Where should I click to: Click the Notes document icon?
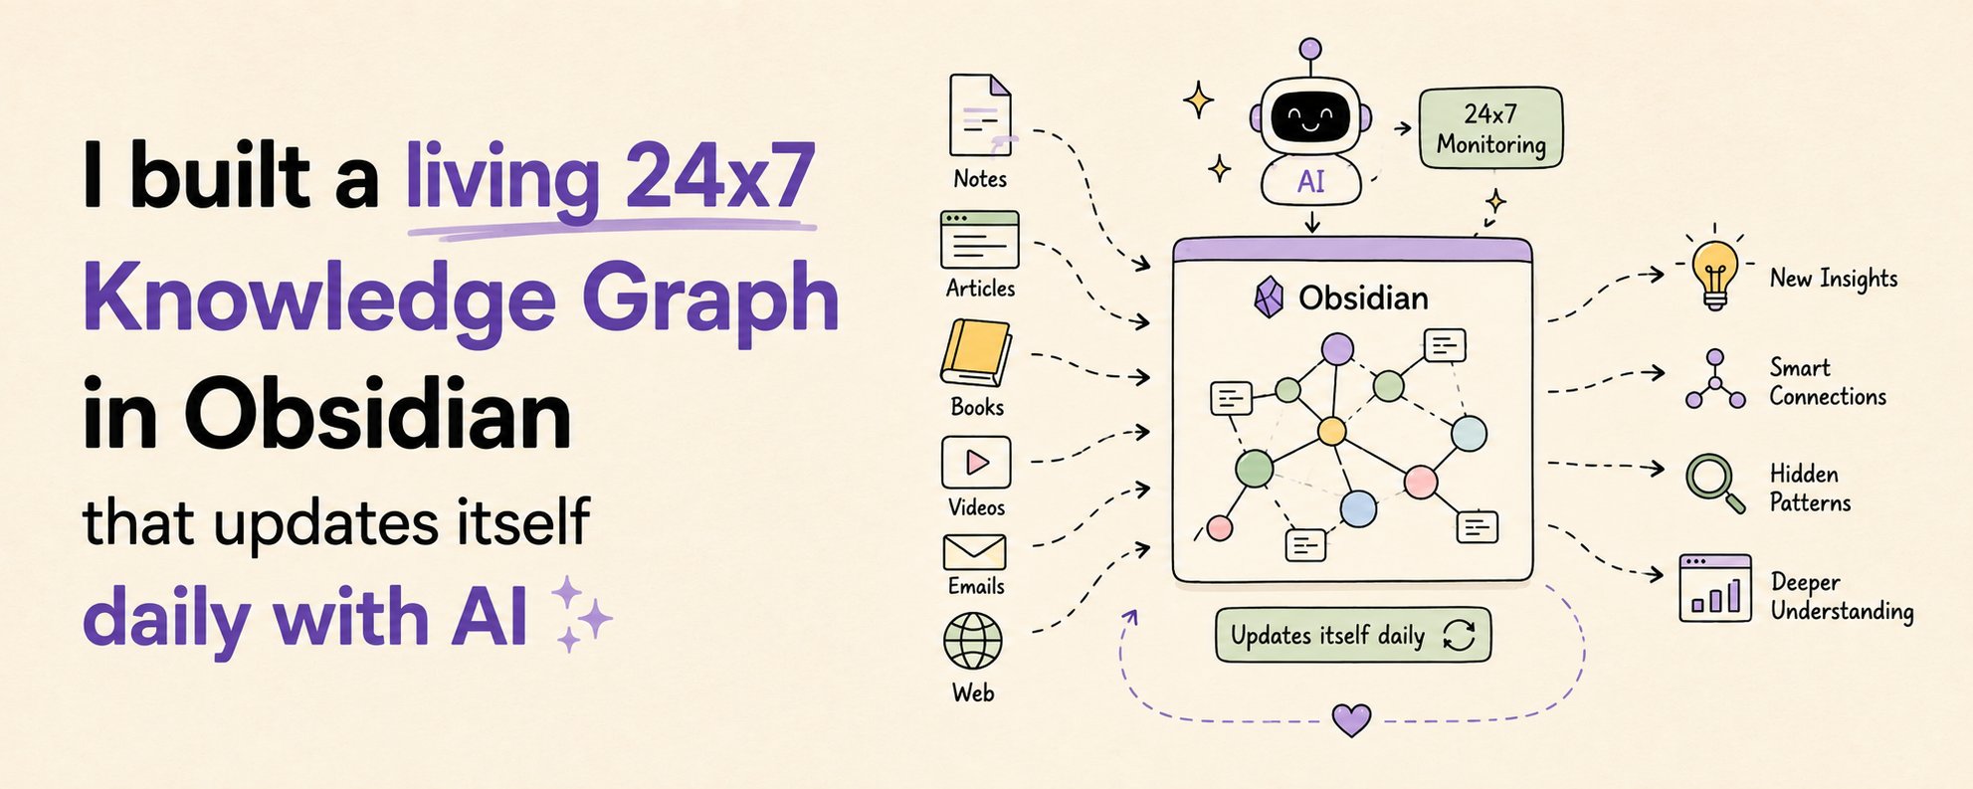pyautogui.click(x=980, y=115)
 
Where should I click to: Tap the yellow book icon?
pyautogui.click(x=976, y=353)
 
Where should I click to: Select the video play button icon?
pyautogui.click(x=976, y=462)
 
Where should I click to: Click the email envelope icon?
pyautogui.click(x=974, y=552)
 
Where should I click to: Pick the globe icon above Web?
pyautogui.click(x=973, y=641)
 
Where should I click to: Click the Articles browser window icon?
pyautogui.click(x=980, y=240)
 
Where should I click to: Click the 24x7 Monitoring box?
pyautogui.click(x=1490, y=128)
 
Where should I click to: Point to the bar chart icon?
pyautogui.click(x=1715, y=588)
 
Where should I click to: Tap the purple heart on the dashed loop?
pyautogui.click(x=1352, y=719)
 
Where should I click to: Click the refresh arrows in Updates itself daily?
pyautogui.click(x=1459, y=635)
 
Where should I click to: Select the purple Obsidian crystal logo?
pyautogui.click(x=1268, y=296)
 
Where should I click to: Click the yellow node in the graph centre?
pyautogui.click(x=1331, y=431)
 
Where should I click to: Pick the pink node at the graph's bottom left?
pyautogui.click(x=1220, y=527)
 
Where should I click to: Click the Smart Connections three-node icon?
pyautogui.click(x=1715, y=379)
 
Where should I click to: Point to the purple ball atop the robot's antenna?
pyautogui.click(x=1310, y=49)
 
